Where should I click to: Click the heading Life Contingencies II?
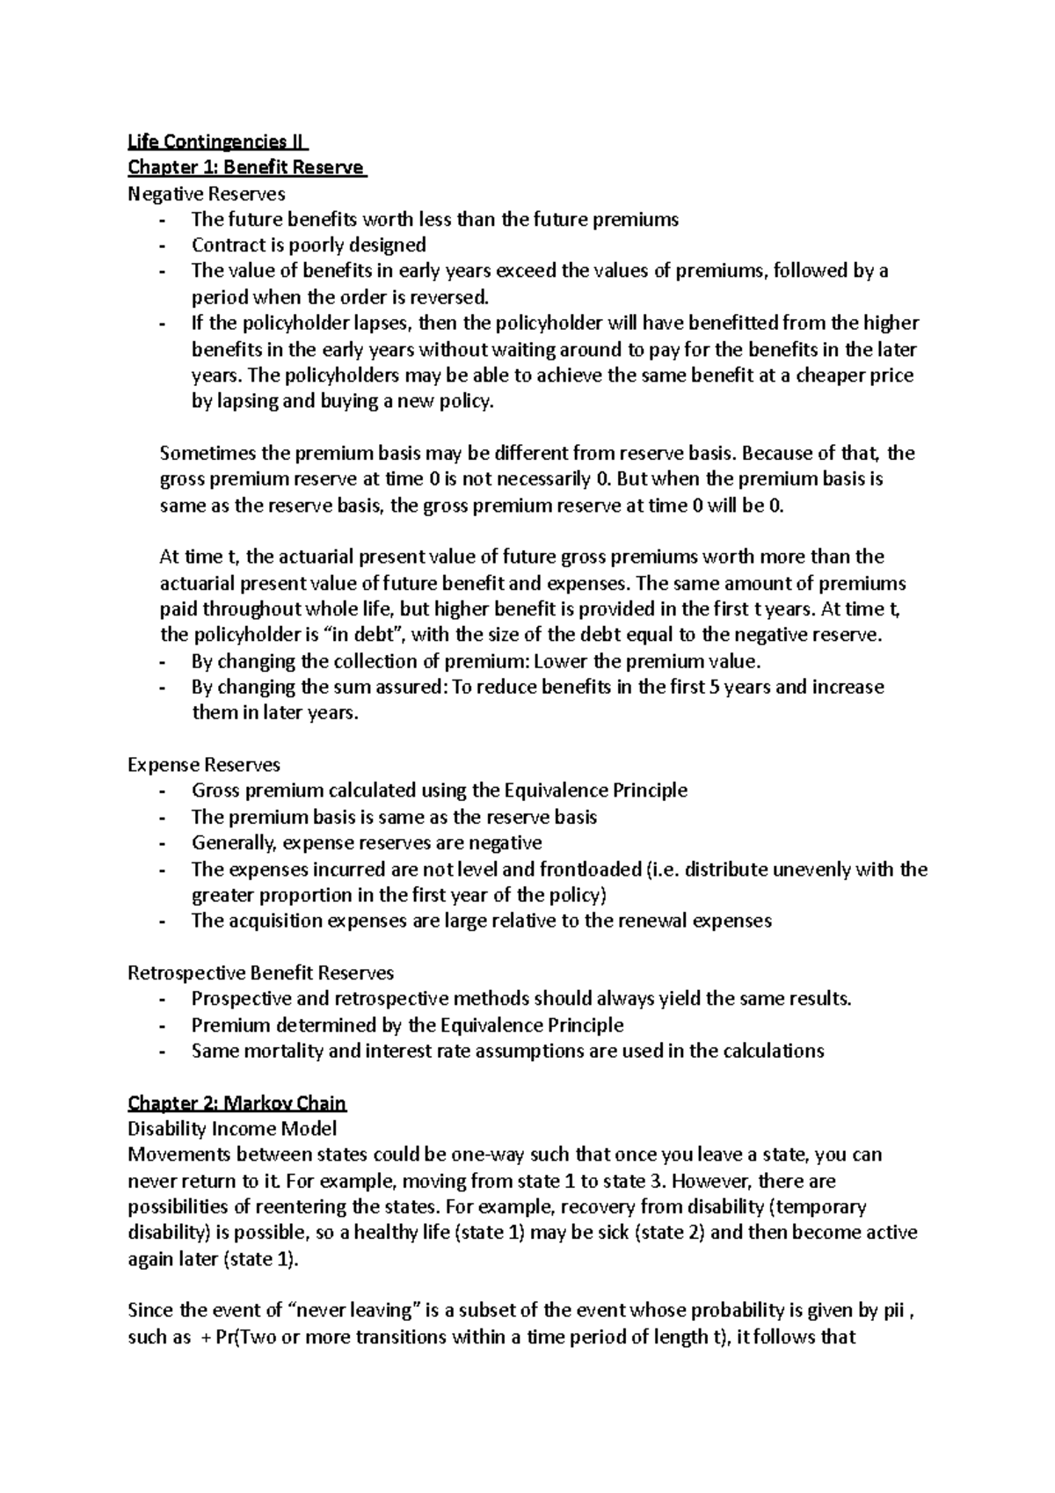coord(218,141)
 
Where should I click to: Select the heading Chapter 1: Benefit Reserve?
coord(247,167)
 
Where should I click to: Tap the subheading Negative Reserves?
coord(207,193)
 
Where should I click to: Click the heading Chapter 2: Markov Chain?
coord(237,1103)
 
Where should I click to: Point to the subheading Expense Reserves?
coord(204,765)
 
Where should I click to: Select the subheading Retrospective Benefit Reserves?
coord(260,972)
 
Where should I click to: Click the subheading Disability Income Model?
coord(232,1128)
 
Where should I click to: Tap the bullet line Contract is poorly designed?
coord(309,244)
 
